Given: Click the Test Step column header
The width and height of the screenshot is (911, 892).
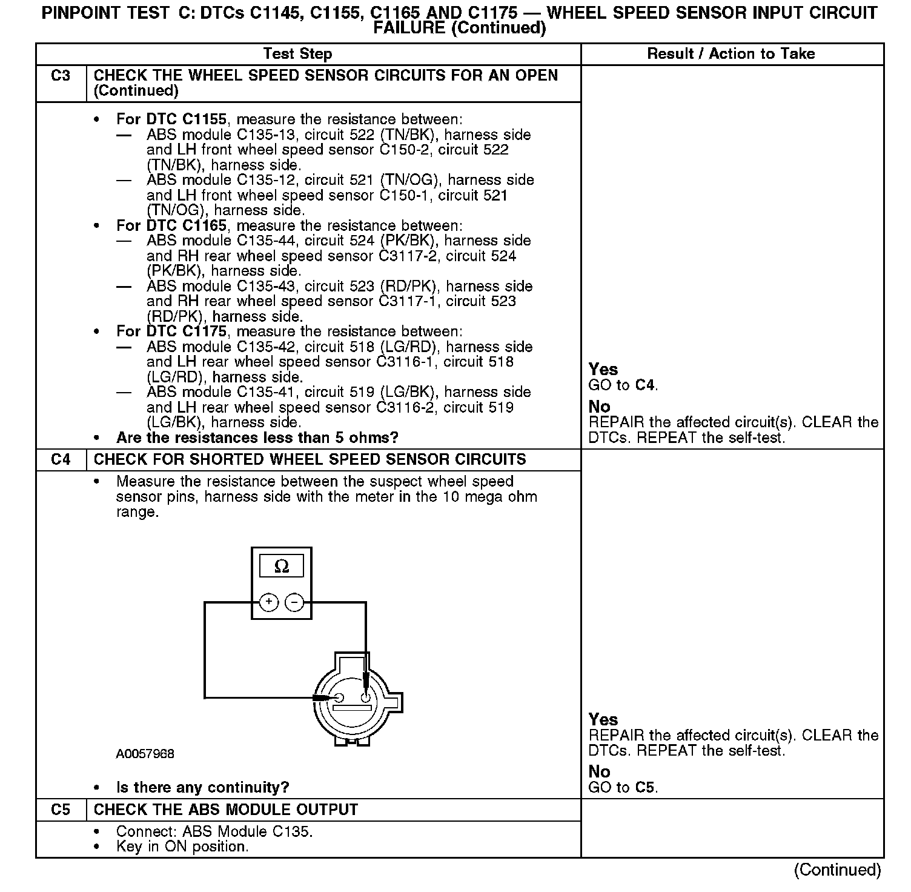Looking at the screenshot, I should coord(297,54).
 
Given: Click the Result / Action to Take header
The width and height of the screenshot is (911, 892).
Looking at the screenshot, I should coord(731,54).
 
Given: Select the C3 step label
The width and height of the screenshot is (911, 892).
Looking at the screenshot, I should coord(61,76).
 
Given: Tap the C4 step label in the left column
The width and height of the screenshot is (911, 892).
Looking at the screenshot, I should coord(61,459).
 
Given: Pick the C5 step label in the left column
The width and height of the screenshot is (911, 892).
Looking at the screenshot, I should coord(61,810).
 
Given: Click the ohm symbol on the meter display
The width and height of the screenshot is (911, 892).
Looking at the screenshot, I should coord(282,567).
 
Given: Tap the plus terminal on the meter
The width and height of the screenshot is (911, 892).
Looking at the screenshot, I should coord(269,602).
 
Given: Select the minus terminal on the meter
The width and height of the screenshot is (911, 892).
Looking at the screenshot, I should coord(294,602).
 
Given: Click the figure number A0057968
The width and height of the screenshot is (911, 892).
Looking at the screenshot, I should coord(145,754).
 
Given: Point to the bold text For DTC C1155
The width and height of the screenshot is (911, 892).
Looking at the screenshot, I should coord(171,119).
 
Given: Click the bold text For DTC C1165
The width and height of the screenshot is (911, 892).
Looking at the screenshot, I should coord(171,225).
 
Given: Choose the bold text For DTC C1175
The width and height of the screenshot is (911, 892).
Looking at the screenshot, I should coord(171,331).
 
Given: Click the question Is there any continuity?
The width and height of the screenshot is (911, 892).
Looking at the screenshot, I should coord(202,787).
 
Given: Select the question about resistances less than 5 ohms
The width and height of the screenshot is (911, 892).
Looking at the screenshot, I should coord(257,438).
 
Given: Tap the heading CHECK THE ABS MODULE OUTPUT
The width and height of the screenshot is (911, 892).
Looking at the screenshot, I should coord(226,810).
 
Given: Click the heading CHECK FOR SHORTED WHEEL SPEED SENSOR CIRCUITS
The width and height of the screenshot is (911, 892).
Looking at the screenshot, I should coord(310,459).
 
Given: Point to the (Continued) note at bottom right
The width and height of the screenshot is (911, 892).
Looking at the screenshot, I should coord(837,870).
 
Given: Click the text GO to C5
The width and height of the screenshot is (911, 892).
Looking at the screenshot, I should coord(623,787).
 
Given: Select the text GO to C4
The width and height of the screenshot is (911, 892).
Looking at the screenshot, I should coord(623,385).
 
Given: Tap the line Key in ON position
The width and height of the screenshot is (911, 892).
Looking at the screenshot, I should coord(182,847).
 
